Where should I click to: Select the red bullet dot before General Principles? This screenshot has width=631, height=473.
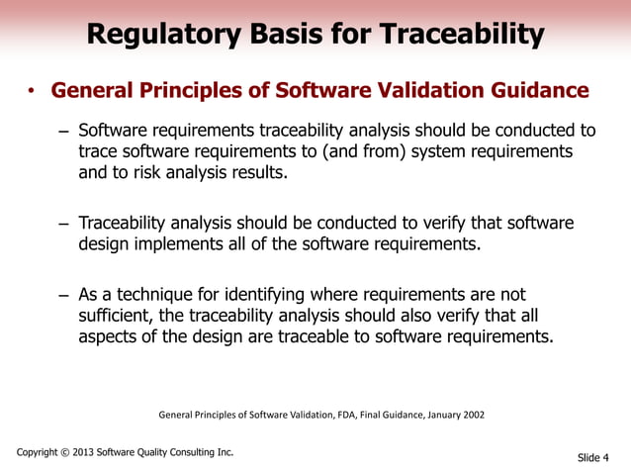31,94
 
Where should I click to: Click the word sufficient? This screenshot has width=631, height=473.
116,316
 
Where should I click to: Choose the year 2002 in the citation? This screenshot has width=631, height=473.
472,415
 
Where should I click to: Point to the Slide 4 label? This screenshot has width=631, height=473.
593,457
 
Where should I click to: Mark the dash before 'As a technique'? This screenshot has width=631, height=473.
63,295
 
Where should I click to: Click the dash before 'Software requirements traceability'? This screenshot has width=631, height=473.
63,131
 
